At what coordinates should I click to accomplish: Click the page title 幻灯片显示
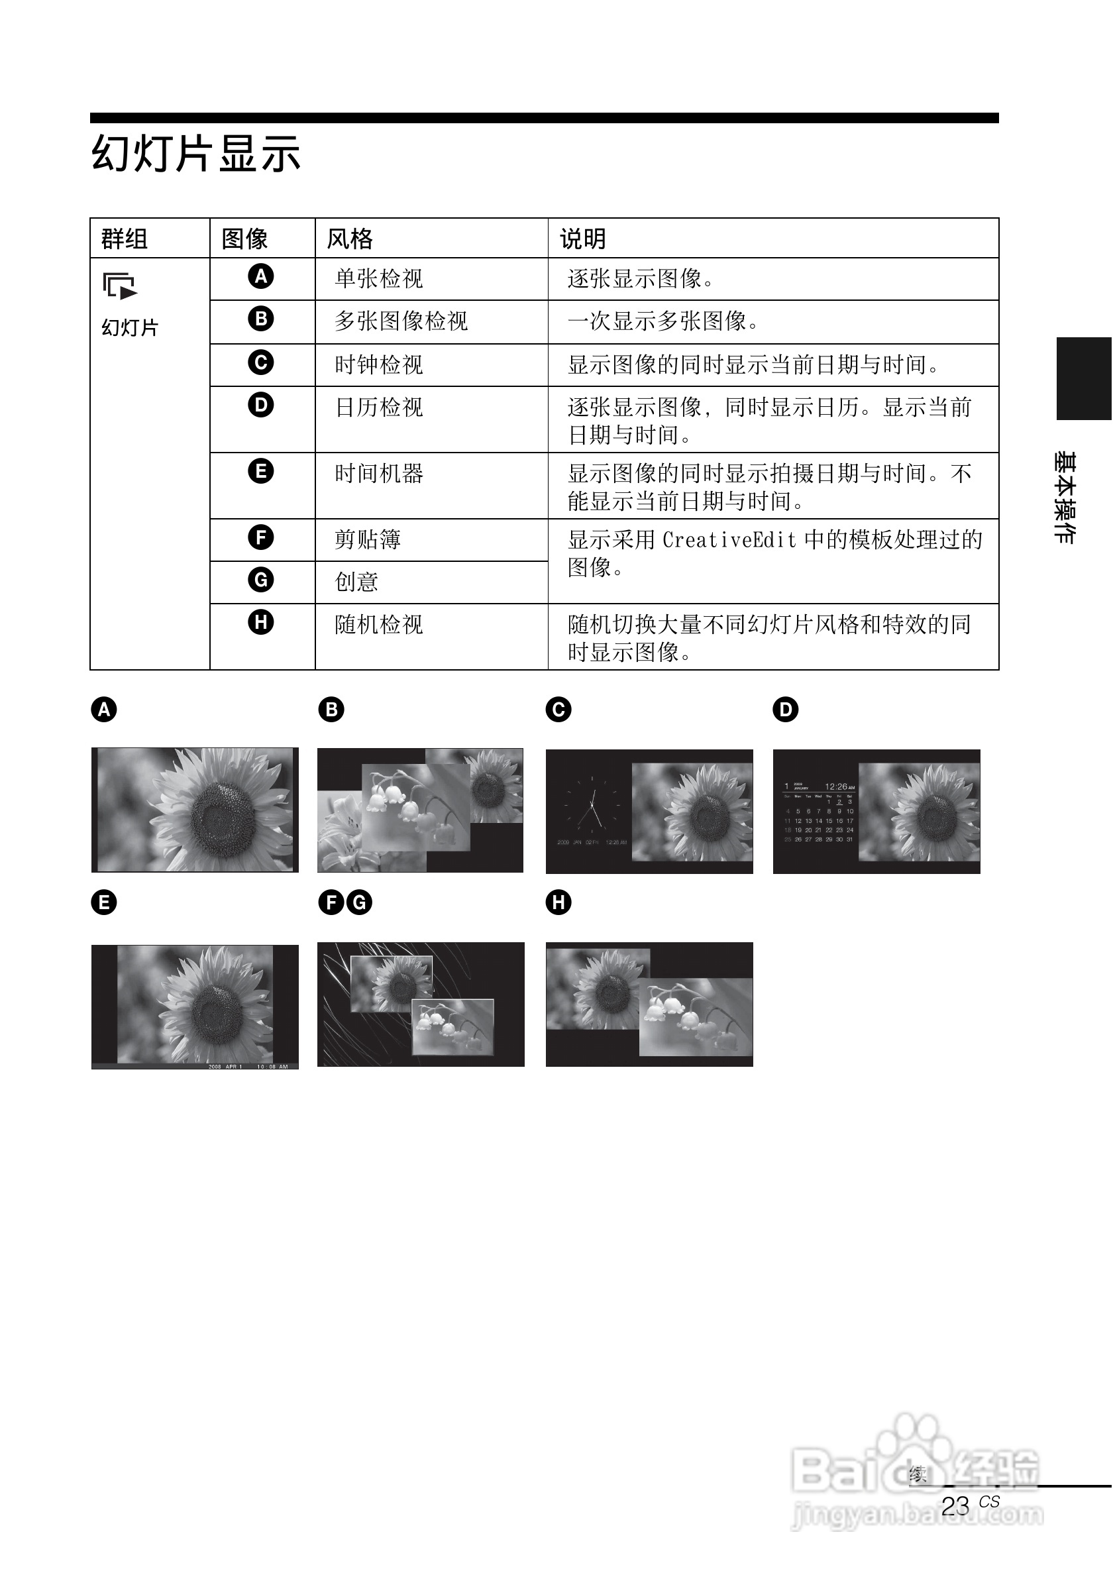coord(195,153)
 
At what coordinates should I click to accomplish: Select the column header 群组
coord(125,239)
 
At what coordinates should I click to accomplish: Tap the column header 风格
coord(350,239)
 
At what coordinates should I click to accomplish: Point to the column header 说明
coord(583,239)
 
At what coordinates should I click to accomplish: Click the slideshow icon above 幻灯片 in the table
coord(119,286)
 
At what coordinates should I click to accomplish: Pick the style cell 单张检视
coord(379,279)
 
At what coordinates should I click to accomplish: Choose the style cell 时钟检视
coord(379,364)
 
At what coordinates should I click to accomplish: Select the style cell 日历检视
coord(379,408)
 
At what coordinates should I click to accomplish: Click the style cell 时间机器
coord(379,473)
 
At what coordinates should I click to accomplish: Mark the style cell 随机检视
coord(379,624)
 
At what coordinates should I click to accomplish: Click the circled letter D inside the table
coord(261,405)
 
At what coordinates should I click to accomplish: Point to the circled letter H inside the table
coord(261,622)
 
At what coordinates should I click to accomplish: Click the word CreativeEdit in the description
coord(729,540)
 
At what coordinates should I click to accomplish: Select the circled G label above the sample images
coord(359,902)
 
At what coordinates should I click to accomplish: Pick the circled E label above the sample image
coord(105,902)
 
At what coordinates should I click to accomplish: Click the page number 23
coord(955,1506)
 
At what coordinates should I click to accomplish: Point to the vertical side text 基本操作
coord(1065,498)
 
